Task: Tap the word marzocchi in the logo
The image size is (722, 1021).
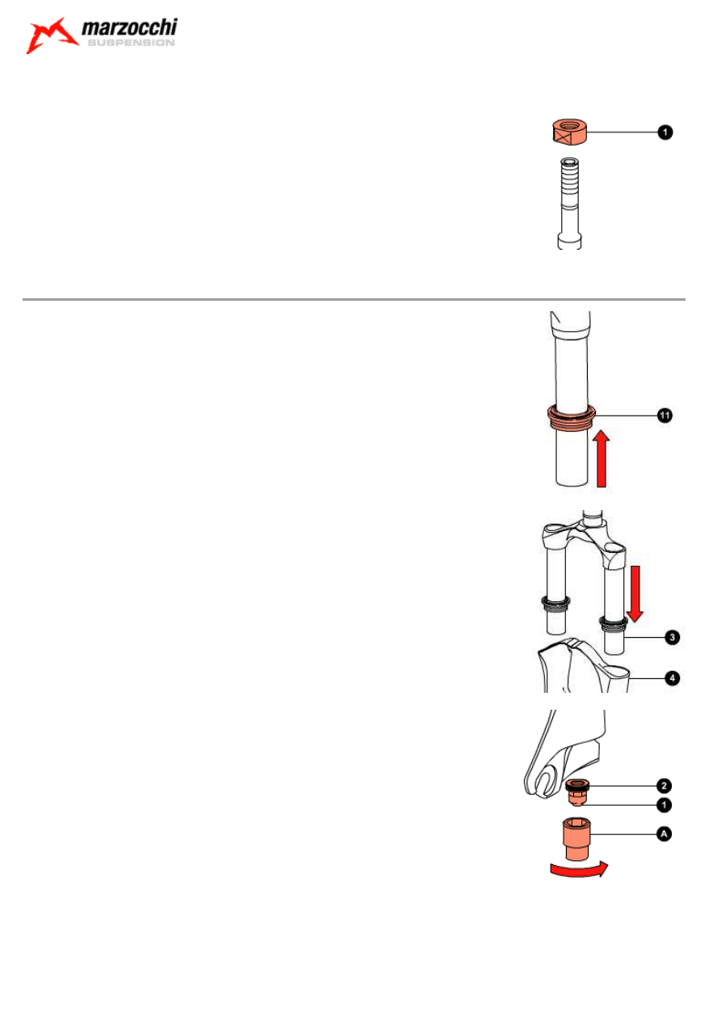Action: coord(129,31)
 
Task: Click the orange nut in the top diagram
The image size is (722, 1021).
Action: coord(568,129)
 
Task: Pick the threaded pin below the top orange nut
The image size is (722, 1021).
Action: coord(568,202)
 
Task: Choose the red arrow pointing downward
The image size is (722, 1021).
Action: coord(635,593)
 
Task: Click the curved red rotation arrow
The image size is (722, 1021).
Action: coord(577,869)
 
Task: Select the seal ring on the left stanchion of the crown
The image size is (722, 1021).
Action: coord(555,602)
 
